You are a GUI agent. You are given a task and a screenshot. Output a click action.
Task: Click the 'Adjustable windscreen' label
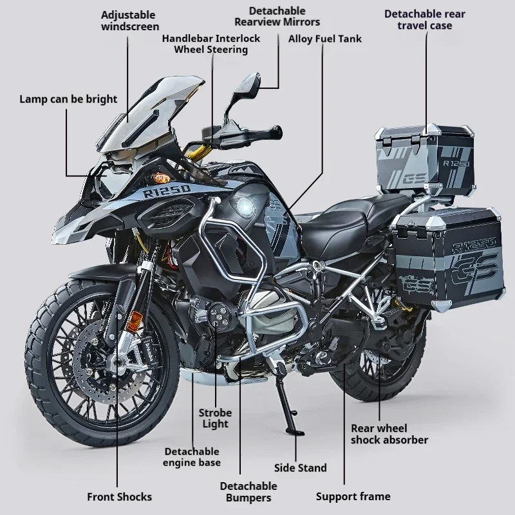pyautogui.click(x=128, y=19)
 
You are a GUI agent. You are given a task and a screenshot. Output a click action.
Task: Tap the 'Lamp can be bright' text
pyautogui.click(x=68, y=98)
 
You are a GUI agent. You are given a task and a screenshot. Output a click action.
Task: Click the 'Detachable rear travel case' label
pyautogui.click(x=424, y=19)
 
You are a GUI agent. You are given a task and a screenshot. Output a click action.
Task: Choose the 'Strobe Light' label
pyautogui.click(x=215, y=418)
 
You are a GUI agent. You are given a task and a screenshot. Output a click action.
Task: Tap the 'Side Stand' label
pyautogui.click(x=300, y=468)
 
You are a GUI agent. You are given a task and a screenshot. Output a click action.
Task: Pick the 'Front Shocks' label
pyautogui.click(x=119, y=496)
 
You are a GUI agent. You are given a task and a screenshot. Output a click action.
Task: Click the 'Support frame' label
pyautogui.click(x=353, y=496)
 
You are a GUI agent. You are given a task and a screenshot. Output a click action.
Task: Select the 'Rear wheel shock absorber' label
pyautogui.click(x=389, y=434)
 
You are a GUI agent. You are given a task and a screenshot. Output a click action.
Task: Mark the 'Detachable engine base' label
pyautogui.click(x=191, y=457)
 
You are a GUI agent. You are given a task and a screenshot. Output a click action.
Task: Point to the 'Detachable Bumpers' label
pyautogui.click(x=248, y=492)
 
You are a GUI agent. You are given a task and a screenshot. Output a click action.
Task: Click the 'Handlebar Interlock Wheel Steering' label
pyautogui.click(x=211, y=44)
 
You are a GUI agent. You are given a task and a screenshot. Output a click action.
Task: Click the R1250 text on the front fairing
pyautogui.click(x=167, y=191)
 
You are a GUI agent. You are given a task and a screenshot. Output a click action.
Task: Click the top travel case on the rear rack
pyautogui.click(x=426, y=158)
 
